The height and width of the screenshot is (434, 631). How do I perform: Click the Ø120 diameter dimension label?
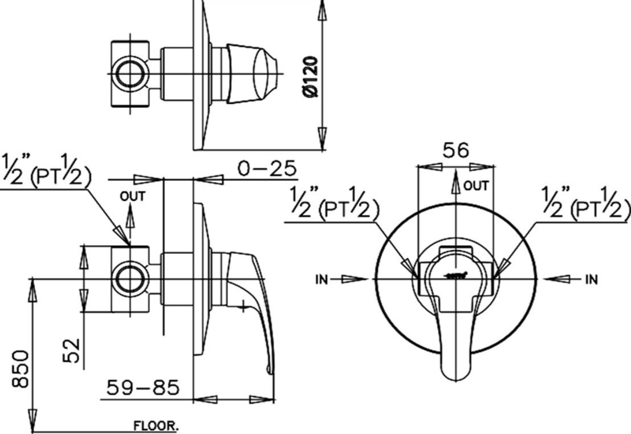[311, 75]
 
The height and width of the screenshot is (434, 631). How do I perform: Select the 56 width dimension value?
[455, 150]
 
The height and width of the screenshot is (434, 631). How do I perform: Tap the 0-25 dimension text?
[267, 168]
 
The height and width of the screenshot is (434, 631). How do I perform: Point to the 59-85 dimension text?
[143, 388]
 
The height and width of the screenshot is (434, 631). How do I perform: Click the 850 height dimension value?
[21, 369]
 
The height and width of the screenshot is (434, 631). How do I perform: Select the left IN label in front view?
[321, 279]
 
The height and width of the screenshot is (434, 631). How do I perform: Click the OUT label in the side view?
[132, 197]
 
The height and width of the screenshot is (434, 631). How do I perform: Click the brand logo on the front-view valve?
[457, 276]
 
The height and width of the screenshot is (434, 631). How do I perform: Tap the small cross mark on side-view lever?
[243, 308]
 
